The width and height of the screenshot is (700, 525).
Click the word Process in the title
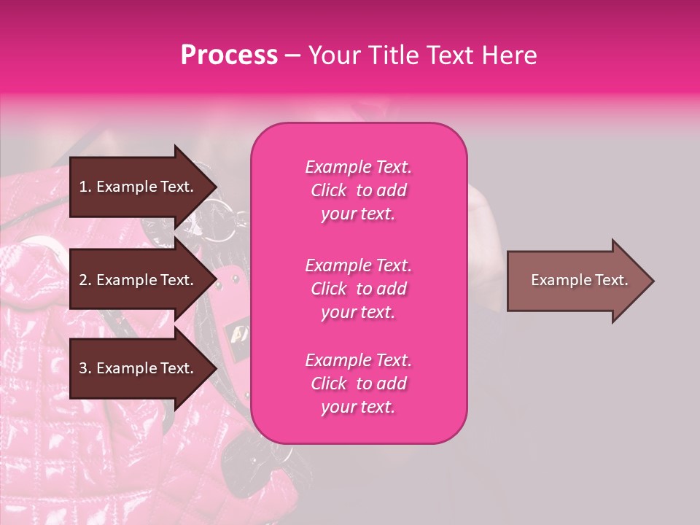229,55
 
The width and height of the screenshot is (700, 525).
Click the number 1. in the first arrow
85,187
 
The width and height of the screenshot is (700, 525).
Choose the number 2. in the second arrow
85,280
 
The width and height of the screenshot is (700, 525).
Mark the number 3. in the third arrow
85,368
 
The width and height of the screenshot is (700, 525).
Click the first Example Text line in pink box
358,167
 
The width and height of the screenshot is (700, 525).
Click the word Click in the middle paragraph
329,289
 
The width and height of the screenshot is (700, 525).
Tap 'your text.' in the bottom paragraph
358,407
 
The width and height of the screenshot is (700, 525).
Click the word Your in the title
332,55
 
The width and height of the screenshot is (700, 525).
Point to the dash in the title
292,55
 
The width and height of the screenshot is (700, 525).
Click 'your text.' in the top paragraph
358,214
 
